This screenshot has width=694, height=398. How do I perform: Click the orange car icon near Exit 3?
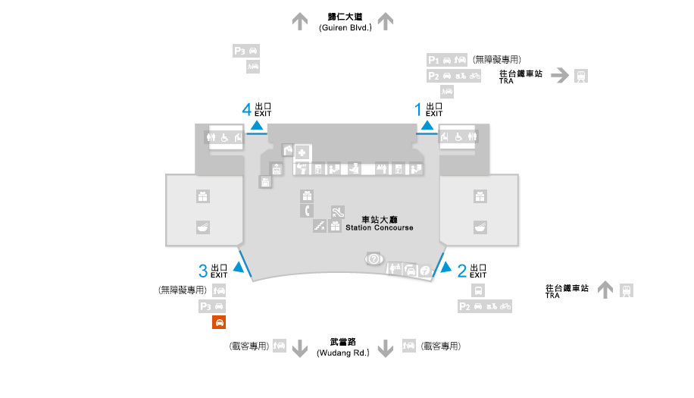point(219,322)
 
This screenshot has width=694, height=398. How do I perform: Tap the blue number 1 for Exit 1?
point(417,109)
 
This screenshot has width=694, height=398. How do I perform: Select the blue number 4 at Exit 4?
point(246,109)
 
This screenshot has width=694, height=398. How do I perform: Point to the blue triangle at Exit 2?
point(446,267)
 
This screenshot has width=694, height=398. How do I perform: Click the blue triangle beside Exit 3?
point(239,267)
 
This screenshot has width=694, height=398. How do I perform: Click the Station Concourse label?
point(380,227)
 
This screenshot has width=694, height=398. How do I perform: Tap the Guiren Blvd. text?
point(345,27)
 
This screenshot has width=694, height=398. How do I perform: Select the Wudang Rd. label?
point(343,353)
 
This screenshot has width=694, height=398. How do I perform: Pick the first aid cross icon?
point(302,153)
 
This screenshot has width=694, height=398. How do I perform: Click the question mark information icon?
point(374,259)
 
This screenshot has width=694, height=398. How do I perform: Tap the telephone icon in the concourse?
point(307,210)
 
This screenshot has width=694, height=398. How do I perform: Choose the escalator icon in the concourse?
point(338,212)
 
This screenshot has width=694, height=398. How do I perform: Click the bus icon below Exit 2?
point(478,290)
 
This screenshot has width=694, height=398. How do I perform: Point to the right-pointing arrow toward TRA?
point(560,75)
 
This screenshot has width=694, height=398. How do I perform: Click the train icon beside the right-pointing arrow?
point(581,76)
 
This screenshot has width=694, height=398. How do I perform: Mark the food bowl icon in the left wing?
point(203,227)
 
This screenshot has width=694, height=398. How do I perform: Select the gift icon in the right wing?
point(480,196)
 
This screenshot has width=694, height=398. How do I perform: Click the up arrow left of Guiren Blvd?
point(300,21)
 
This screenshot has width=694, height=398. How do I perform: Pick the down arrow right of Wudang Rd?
point(386,349)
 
